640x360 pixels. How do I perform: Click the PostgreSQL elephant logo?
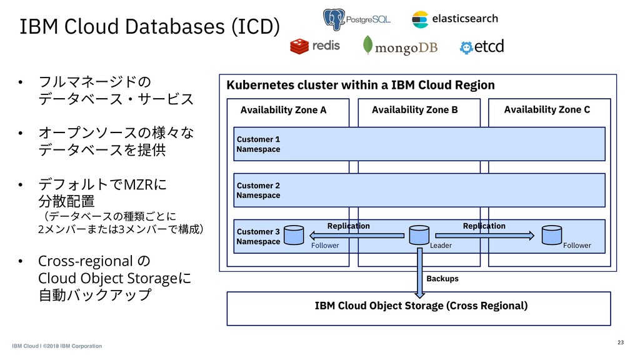pyautogui.click(x=334, y=19)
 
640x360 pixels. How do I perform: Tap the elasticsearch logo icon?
pyautogui.click(x=420, y=19)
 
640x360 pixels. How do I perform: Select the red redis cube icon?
pyautogui.click(x=299, y=46)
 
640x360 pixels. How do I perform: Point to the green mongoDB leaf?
pyautogui.click(x=367, y=45)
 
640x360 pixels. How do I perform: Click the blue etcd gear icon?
pyautogui.click(x=466, y=47)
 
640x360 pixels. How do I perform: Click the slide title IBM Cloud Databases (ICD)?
pyautogui.click(x=150, y=26)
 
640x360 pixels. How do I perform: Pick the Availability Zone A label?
pyautogui.click(x=283, y=110)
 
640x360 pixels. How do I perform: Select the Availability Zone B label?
pyautogui.click(x=415, y=110)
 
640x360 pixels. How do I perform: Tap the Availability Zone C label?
pyautogui.click(x=547, y=109)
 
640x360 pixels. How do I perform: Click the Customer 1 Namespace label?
pyautogui.click(x=258, y=144)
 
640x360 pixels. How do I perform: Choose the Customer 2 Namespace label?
pyautogui.click(x=258, y=190)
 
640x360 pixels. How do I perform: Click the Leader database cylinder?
pyautogui.click(x=419, y=235)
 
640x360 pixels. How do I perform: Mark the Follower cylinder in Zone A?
pyautogui.click(x=294, y=235)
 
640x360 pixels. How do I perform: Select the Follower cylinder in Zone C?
pyautogui.click(x=552, y=235)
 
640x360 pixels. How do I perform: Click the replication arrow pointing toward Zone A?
pyautogui.click(x=357, y=236)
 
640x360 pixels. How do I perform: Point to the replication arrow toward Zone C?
pyautogui.click(x=485, y=236)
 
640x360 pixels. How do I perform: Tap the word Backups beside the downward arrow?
pyautogui.click(x=442, y=279)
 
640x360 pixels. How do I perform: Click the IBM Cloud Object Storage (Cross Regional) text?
pyautogui.click(x=421, y=306)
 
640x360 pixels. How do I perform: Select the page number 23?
pyautogui.click(x=621, y=342)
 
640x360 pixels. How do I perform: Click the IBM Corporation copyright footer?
pyautogui.click(x=57, y=346)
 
